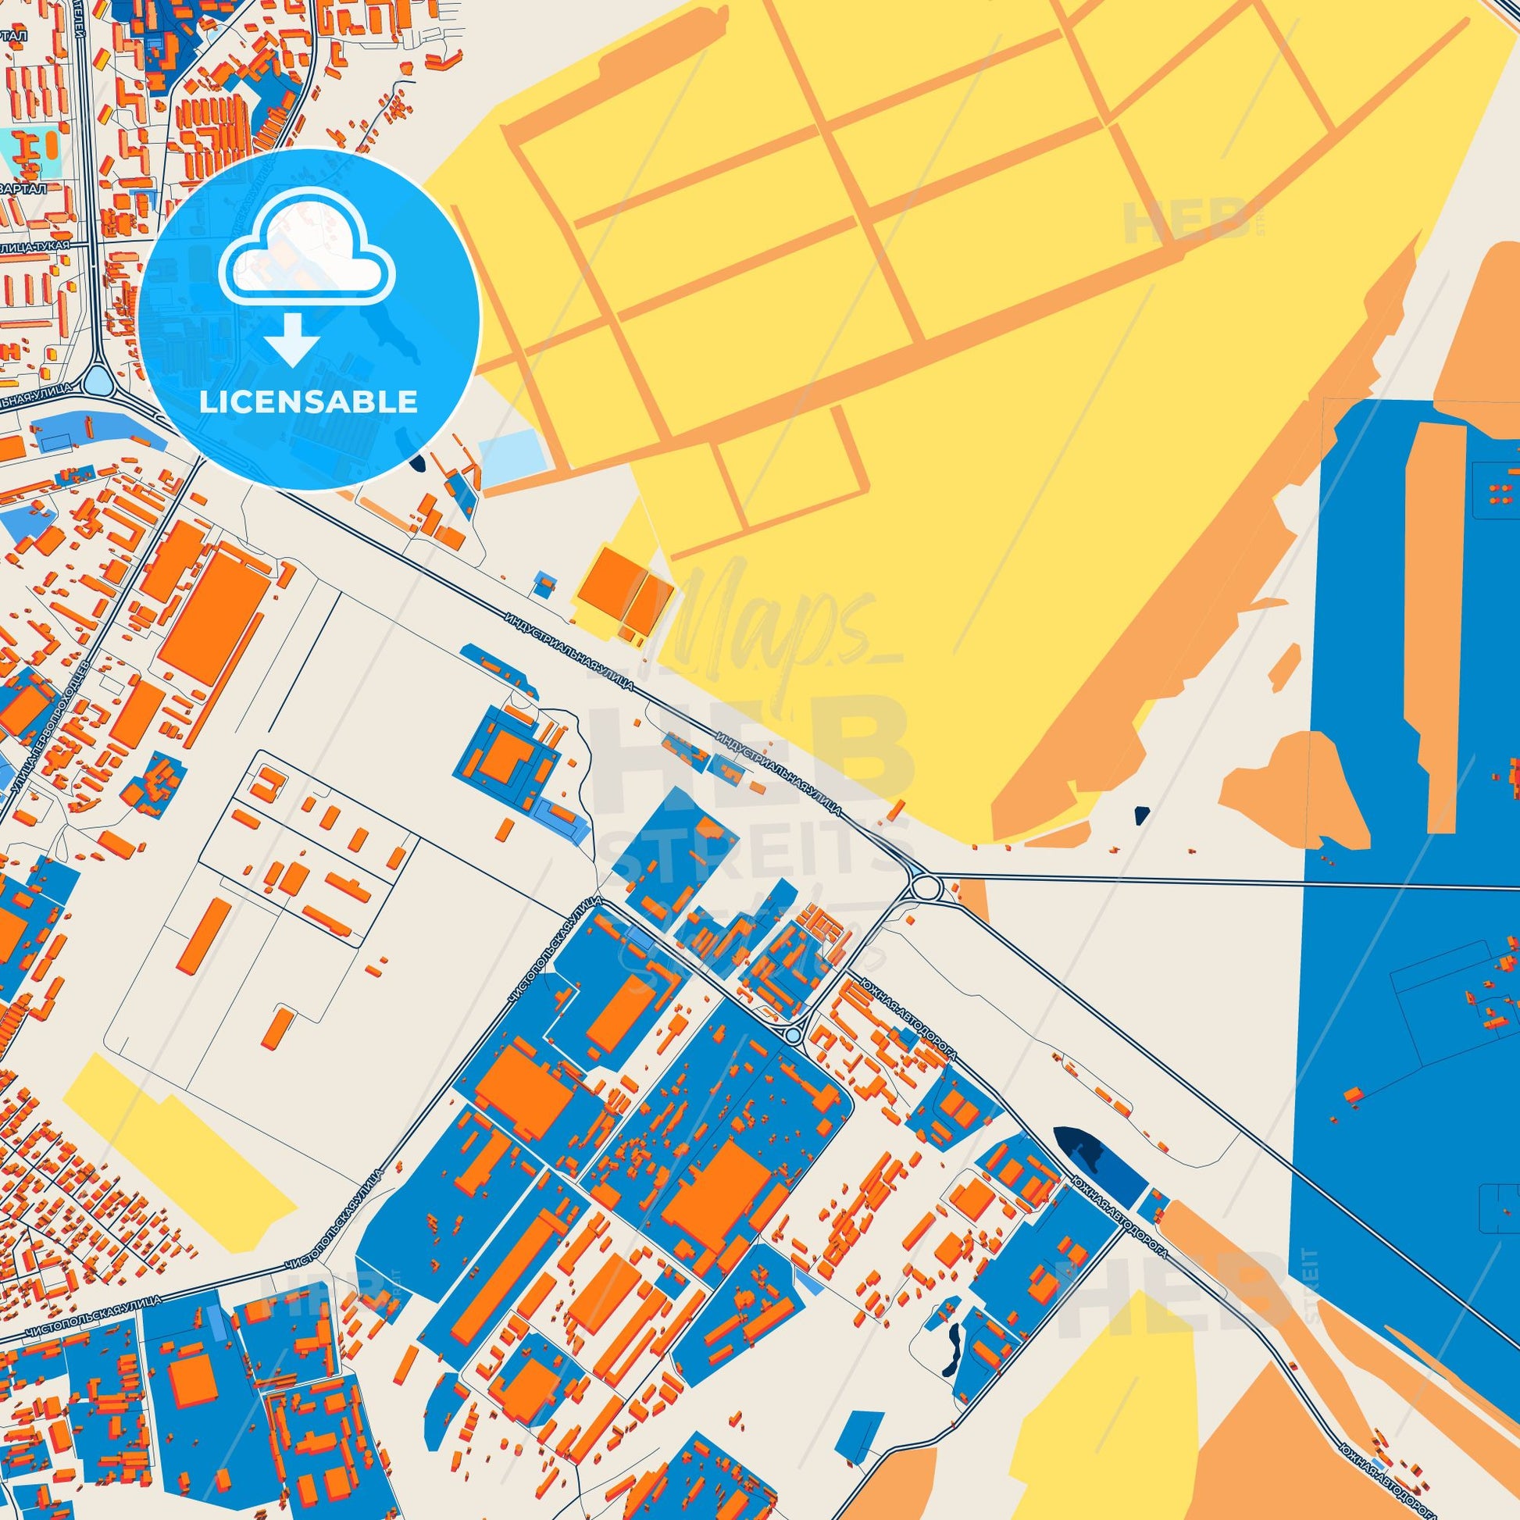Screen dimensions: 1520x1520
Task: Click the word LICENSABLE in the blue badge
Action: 309,402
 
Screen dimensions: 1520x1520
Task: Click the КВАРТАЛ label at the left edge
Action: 23,189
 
